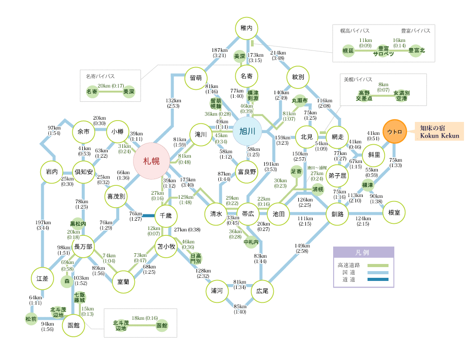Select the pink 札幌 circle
[151, 161]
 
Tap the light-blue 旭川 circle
[247, 131]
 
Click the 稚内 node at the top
[247, 28]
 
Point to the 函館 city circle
[73, 325]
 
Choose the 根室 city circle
[394, 213]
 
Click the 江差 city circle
[42, 278]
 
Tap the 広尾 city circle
[262, 290]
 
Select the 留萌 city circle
[196, 77]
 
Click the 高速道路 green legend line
[378, 265]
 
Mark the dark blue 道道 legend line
[378, 280]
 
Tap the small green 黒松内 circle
[78, 223]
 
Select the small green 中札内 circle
[251, 243]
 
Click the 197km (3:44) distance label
[43, 225]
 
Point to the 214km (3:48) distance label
[278, 55]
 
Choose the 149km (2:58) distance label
[302, 248]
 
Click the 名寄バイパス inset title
[100, 76]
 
